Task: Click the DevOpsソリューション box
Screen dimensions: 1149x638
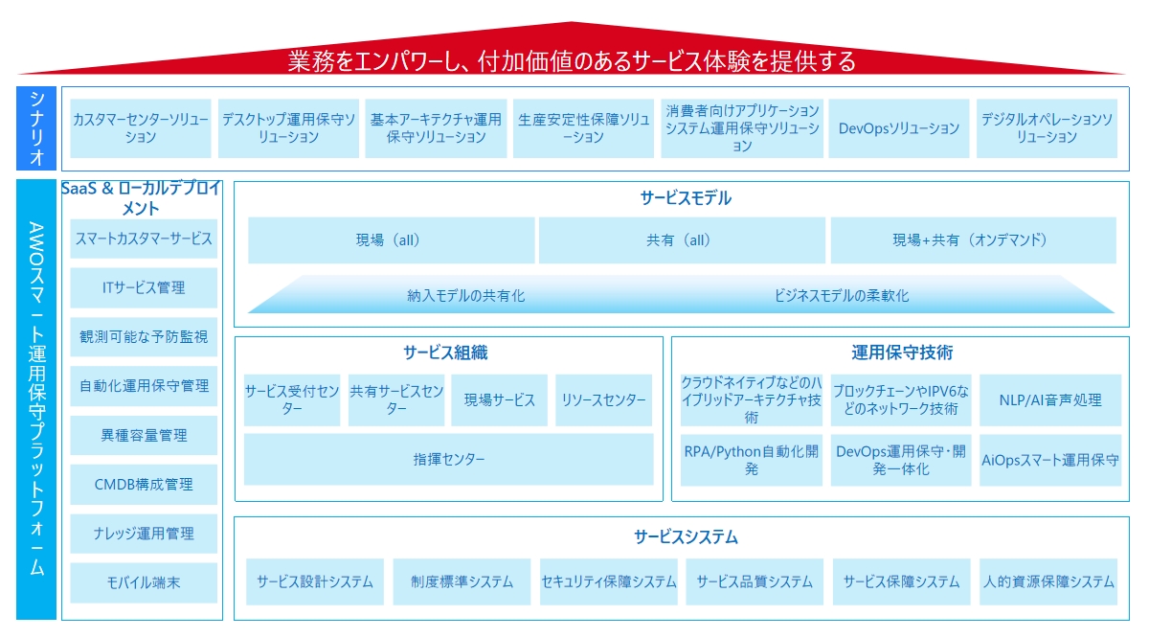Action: pos(899,128)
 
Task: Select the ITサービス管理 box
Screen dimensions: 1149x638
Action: pos(144,287)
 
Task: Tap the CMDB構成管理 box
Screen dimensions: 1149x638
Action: pos(144,484)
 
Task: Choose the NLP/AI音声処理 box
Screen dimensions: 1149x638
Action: pos(1050,399)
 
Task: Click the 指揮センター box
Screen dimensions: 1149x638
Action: pos(449,459)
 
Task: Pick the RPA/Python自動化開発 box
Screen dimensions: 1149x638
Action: pos(752,460)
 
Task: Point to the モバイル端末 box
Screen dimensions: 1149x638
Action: pos(144,582)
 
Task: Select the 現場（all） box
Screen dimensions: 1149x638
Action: pos(391,240)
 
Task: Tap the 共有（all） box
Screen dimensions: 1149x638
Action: pos(682,240)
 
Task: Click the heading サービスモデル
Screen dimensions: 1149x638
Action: pos(686,198)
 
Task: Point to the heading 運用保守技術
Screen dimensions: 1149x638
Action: pos(902,353)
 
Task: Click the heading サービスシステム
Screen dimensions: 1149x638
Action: pos(686,536)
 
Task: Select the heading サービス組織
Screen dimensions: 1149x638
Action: pos(445,353)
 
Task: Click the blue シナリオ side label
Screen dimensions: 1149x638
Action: pos(36,128)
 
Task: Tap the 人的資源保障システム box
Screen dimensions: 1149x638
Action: pos(1048,581)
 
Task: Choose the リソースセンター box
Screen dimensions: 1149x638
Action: pos(603,399)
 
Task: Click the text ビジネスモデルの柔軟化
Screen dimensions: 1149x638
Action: pos(842,296)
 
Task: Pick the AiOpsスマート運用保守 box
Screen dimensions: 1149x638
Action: pos(1050,460)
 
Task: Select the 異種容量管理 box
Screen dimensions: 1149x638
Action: pos(144,435)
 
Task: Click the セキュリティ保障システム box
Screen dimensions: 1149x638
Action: pos(608,581)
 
